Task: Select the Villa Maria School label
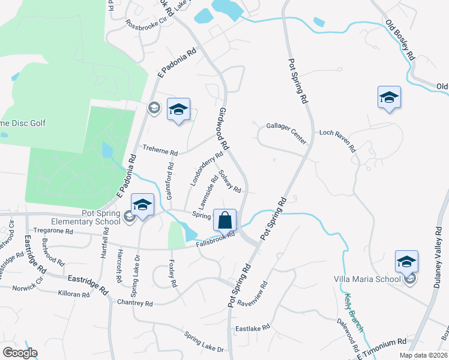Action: click(x=367, y=279)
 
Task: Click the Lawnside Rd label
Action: click(x=208, y=188)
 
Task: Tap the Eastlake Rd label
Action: click(x=250, y=329)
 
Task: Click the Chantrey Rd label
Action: click(x=136, y=304)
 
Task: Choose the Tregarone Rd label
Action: click(x=53, y=231)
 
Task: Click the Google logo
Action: click(x=20, y=353)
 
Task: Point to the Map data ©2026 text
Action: click(x=423, y=355)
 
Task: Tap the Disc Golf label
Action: click(x=23, y=124)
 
